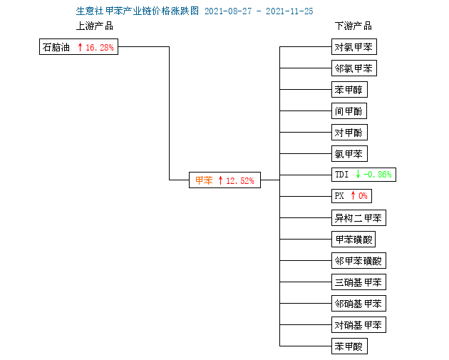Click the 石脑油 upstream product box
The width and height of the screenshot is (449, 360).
pyautogui.click(x=78, y=46)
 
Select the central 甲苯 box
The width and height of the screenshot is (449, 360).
pyautogui.click(x=224, y=180)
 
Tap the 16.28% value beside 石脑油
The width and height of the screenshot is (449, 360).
pyautogui.click(x=100, y=47)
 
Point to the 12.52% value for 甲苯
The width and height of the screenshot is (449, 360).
pyautogui.click(x=240, y=181)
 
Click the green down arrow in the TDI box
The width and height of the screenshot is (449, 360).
pyautogui.click(x=358, y=174)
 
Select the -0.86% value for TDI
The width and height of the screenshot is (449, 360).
pyautogui.click(x=378, y=175)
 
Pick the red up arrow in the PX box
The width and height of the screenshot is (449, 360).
pyautogui.click(x=353, y=195)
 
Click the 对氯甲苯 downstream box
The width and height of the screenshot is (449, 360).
pyautogui.click(x=354, y=46)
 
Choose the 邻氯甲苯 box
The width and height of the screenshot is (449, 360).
pyautogui.click(x=354, y=68)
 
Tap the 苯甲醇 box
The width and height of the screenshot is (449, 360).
pyautogui.click(x=349, y=90)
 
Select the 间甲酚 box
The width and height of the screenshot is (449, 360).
pyautogui.click(x=349, y=110)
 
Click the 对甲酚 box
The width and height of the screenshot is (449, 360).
pyautogui.click(x=349, y=133)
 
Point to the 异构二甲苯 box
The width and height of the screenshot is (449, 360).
pyautogui.click(x=358, y=218)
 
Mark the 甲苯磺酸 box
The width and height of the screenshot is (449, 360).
pyautogui.click(x=353, y=239)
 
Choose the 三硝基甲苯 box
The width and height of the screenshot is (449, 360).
pyautogui.click(x=358, y=282)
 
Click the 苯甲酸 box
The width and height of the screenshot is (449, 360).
pyautogui.click(x=349, y=346)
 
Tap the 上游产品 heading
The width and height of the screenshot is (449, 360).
pyautogui.click(x=95, y=26)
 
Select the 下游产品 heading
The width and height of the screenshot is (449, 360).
pyautogui.click(x=353, y=26)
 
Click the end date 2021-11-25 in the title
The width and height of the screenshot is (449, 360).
pyautogui.click(x=289, y=11)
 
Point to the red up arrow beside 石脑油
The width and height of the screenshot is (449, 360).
pyautogui.click(x=80, y=47)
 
